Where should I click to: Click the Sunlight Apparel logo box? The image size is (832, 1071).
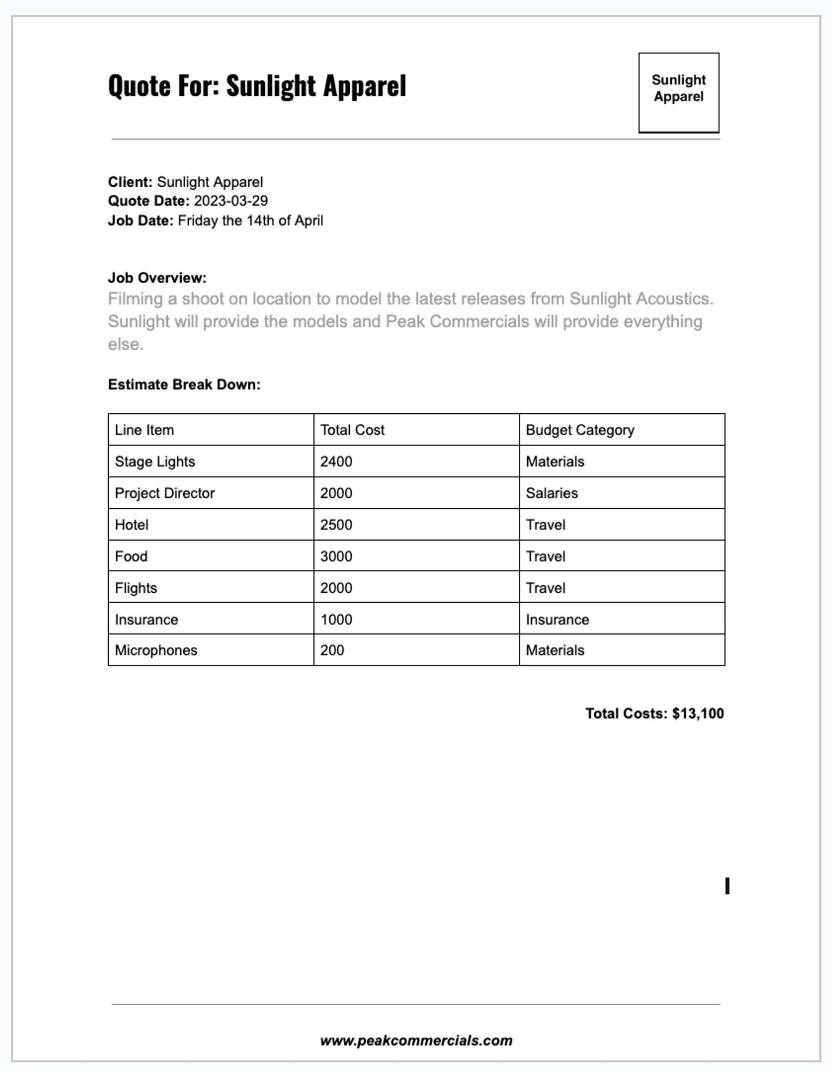[x=679, y=93]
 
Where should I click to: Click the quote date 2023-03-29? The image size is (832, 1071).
[x=231, y=201]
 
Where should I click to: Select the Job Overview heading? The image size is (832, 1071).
[x=157, y=278]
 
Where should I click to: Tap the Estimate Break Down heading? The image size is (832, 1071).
[x=184, y=384]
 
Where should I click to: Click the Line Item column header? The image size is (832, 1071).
[x=144, y=430]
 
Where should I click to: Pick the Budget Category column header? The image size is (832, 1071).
[x=580, y=430]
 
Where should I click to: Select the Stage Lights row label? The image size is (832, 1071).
[x=155, y=461]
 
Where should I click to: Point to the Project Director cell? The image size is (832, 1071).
[x=164, y=493]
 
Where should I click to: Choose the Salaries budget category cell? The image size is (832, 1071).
[x=551, y=493]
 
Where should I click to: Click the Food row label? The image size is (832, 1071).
[x=131, y=557]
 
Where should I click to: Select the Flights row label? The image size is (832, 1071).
[x=136, y=588]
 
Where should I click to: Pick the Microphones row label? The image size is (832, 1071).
[x=156, y=650]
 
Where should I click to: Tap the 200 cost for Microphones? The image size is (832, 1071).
[x=332, y=650]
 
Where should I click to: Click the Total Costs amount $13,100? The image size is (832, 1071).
[x=698, y=714]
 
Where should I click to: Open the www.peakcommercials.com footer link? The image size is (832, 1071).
[x=416, y=1041]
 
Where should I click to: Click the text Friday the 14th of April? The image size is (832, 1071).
[x=250, y=221]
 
